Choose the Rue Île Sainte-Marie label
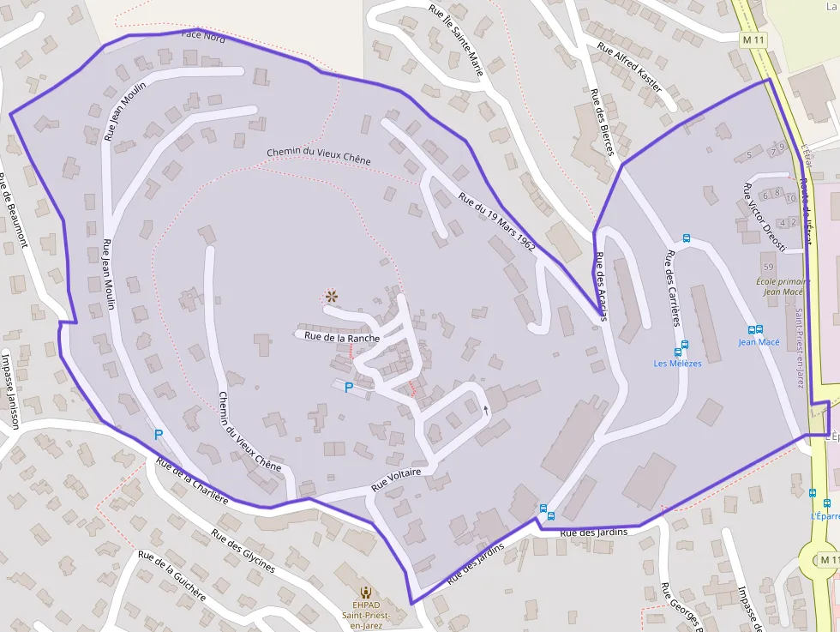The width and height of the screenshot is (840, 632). coord(456,41)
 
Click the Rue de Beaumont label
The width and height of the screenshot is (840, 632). coord(13,210)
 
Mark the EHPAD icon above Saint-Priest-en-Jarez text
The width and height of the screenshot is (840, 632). coord(366,592)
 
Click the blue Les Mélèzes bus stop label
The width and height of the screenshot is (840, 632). coord(677,364)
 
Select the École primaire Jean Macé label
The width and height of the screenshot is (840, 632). coord(783,286)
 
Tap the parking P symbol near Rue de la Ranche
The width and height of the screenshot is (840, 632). coord(348,388)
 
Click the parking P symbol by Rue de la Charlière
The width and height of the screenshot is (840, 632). coord(158,435)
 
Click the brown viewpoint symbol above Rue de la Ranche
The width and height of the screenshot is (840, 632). coord(331,297)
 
